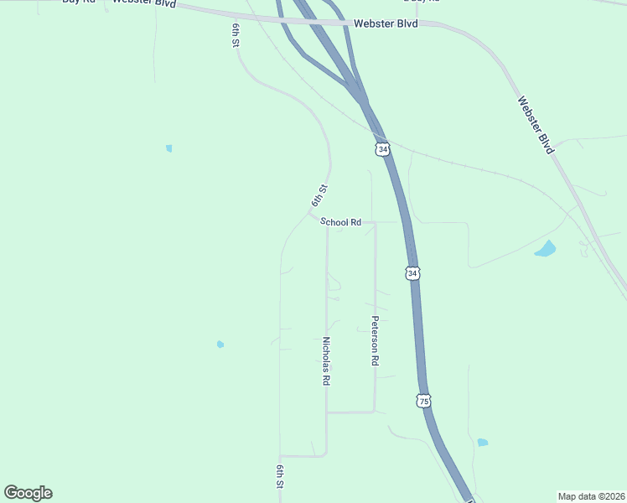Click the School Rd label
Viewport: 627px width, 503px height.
click(340, 222)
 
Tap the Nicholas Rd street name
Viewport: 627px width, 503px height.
click(326, 360)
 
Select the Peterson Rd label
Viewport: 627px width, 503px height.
click(376, 340)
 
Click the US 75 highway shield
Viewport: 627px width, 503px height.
click(424, 401)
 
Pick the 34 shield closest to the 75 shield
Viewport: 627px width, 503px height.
click(412, 273)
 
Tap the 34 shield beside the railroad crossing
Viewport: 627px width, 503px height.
click(382, 149)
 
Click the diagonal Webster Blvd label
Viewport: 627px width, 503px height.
click(535, 124)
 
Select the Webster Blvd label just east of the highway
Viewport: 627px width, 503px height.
click(386, 23)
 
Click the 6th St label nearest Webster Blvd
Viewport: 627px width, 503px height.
click(236, 35)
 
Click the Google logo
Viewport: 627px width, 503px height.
click(28, 492)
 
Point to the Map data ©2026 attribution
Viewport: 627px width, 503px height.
click(591, 495)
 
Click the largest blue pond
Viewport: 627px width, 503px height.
click(546, 248)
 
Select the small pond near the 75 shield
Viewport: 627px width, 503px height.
click(482, 442)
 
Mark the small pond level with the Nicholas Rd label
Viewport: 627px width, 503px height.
click(220, 344)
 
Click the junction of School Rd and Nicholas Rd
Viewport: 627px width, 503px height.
click(327, 223)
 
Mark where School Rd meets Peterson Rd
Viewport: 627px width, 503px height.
click(375, 223)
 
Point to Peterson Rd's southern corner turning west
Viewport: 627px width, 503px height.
click(374, 412)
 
